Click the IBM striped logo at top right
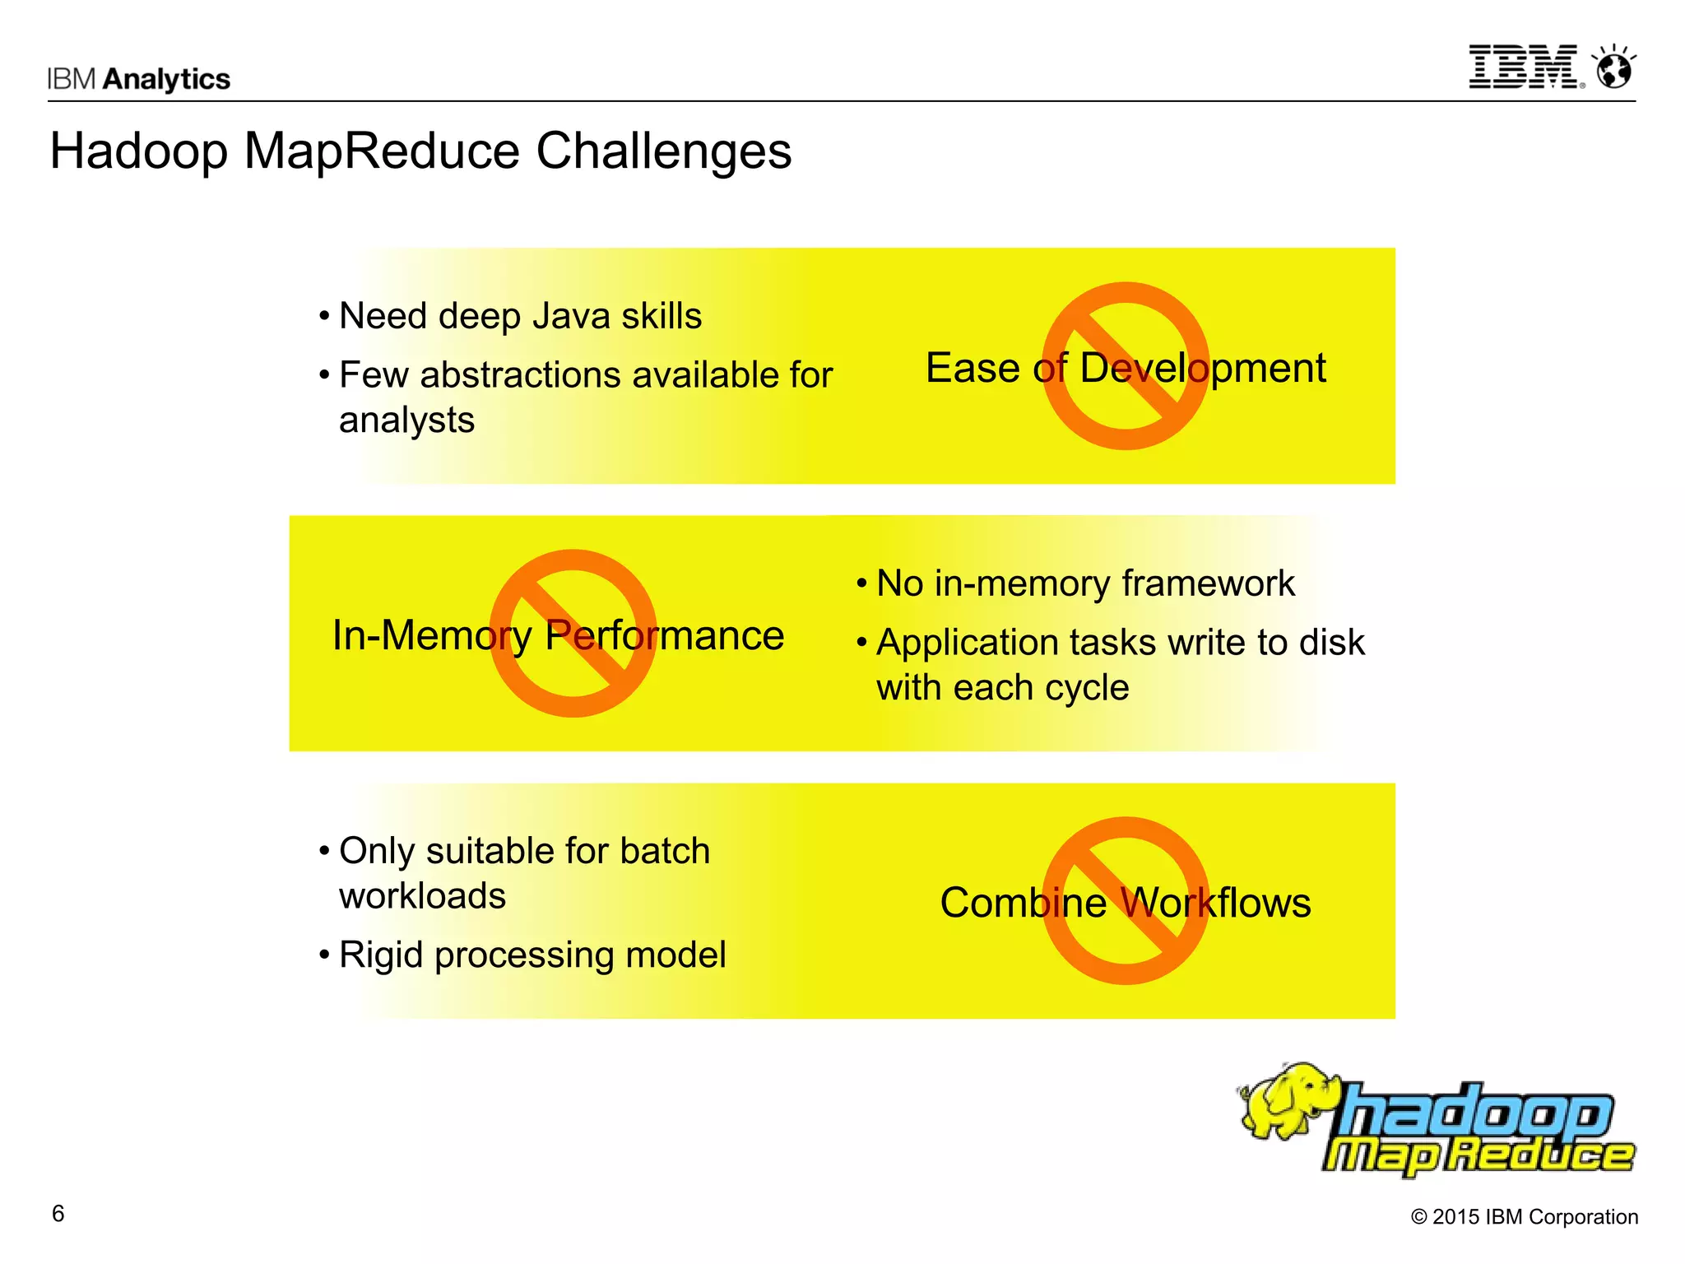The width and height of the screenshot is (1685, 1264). coord(1523,67)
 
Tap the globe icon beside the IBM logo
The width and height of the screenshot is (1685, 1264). coord(1613,68)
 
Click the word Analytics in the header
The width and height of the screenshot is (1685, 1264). coord(167,79)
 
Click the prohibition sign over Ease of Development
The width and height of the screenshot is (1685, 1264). coord(1125,366)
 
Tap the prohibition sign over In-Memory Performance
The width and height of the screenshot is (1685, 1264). coord(573,633)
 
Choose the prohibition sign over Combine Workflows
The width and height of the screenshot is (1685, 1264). coord(1125,900)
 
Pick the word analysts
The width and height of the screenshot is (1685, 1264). coord(406,421)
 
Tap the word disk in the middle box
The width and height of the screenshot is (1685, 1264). coord(1331,643)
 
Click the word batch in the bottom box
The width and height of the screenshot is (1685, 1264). coord(665,851)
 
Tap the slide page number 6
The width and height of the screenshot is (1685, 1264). coord(58,1214)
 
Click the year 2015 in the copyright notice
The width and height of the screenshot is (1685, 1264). coord(1457,1217)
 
